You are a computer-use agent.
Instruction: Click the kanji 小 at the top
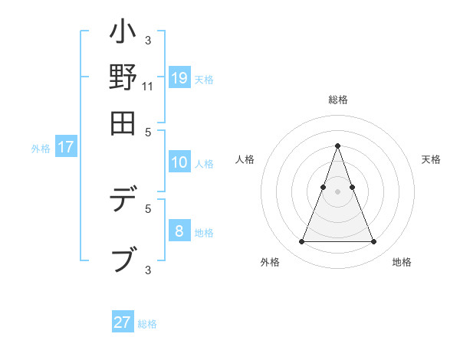tap(123, 35)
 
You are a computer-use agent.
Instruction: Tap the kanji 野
tap(123, 78)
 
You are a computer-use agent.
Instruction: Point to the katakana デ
tap(123, 201)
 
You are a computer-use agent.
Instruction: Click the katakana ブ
tap(123, 258)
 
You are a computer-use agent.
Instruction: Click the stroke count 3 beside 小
tap(148, 40)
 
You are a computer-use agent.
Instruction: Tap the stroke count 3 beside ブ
tap(148, 269)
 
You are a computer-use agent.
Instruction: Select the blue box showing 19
tap(179, 78)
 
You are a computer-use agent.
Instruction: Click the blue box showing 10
tap(179, 162)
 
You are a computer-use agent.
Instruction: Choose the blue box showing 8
tap(179, 231)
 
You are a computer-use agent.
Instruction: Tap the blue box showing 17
tap(65, 148)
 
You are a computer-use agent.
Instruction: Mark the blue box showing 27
tap(123, 322)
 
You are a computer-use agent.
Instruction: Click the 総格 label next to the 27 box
tap(147, 324)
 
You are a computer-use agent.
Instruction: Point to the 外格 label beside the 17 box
tap(41, 149)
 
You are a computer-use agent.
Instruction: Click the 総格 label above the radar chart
tap(337, 100)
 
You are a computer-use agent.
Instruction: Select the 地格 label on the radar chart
tap(402, 262)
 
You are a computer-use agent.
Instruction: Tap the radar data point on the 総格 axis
tap(337, 146)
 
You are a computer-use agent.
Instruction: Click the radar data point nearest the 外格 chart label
tap(301, 242)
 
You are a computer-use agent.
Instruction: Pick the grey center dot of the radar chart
tap(337, 191)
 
